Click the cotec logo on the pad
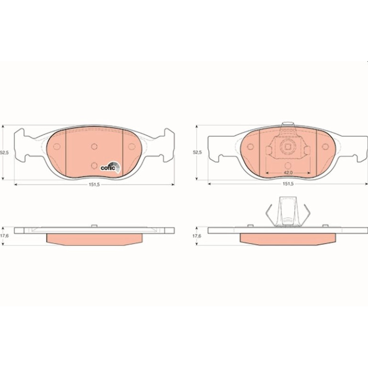110,167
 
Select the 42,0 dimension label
288,173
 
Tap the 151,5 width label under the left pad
94,184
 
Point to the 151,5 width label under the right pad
288,184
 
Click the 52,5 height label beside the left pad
4,152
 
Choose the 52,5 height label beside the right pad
197,152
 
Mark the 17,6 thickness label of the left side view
4,236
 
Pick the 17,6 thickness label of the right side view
197,236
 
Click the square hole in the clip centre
288,147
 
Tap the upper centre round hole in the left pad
94,147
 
